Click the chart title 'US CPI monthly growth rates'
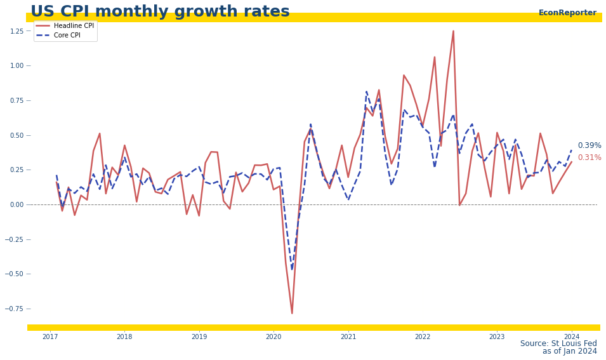coord(160,12)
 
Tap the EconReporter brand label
coord(567,13)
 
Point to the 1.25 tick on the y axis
coord(16,30)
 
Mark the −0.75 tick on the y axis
coord(15,309)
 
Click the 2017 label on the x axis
coord(50,337)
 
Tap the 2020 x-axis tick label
coord(273,337)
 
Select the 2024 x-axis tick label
coord(572,337)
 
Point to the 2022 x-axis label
coord(423,337)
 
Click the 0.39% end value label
coord(589,145)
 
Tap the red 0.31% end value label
coord(589,157)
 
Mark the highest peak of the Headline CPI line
coord(453,30)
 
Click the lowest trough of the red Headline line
coord(292,313)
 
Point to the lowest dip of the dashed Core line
coord(292,269)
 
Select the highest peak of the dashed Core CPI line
coord(367,91)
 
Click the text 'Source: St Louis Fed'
coord(558,343)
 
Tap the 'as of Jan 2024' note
coord(569,352)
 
